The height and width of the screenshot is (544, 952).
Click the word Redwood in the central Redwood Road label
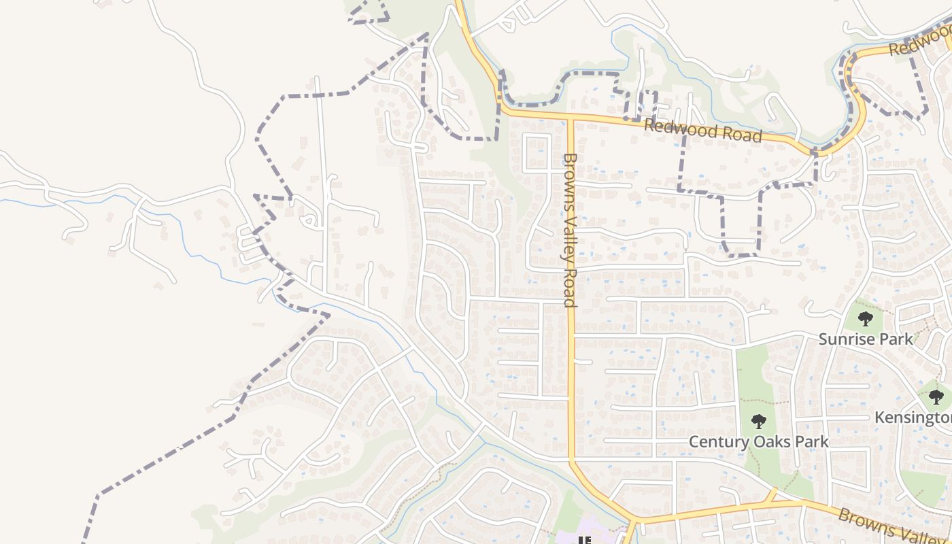tap(677, 128)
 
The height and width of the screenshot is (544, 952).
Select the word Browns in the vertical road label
tap(570, 175)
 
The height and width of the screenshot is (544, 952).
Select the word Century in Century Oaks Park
tap(717, 442)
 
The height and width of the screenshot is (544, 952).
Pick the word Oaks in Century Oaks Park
tap(772, 442)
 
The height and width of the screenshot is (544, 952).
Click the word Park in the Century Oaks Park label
tap(812, 442)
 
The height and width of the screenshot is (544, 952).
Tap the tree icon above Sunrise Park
tap(865, 318)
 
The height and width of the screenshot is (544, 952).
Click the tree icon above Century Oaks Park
tap(759, 422)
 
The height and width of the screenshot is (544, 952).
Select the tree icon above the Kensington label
tap(936, 396)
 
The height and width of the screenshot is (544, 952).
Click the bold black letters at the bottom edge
tap(583, 541)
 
